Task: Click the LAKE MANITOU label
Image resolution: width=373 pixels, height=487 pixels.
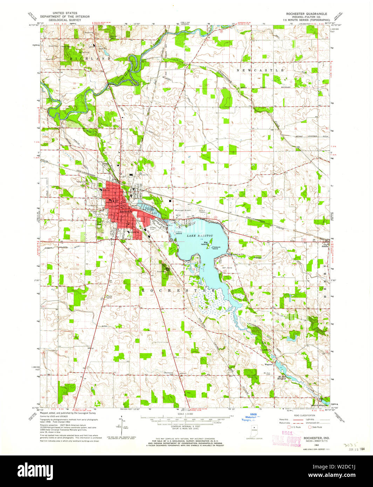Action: (x=196, y=236)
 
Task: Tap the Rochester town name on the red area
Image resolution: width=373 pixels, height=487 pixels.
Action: (x=125, y=212)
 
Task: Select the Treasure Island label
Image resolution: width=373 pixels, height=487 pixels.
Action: (x=215, y=247)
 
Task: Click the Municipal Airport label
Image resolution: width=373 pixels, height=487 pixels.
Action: (x=182, y=211)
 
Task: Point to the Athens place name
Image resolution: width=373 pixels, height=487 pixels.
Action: (x=325, y=246)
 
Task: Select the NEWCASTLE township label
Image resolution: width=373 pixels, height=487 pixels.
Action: (x=260, y=70)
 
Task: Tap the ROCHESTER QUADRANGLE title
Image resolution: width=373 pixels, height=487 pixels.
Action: (x=306, y=14)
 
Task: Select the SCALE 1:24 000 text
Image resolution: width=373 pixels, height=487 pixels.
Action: (x=185, y=414)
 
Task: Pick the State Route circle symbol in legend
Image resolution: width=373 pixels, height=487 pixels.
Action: (x=310, y=427)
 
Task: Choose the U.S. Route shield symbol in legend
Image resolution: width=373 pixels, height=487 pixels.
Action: (x=289, y=427)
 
